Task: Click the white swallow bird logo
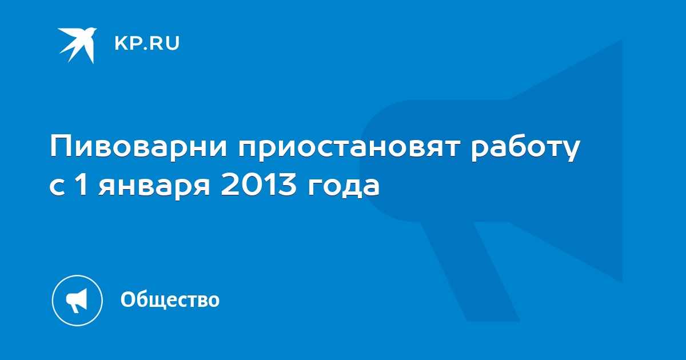[78, 45]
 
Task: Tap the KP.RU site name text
[147, 43]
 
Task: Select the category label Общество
[170, 299]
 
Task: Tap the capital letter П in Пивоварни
[61, 147]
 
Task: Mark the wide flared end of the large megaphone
[566, 161]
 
